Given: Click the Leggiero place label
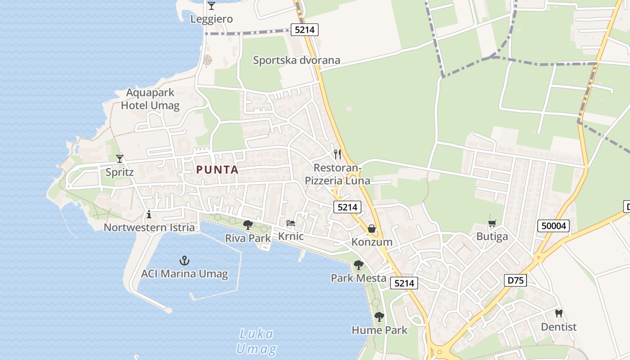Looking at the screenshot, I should [211, 19].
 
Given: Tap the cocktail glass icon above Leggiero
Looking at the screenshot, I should [211, 6].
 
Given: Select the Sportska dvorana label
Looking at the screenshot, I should [296, 60].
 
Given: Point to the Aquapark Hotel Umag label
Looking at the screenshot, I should [150, 99].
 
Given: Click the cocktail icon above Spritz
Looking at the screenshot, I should [120, 158].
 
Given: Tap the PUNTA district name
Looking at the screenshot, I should [217, 170].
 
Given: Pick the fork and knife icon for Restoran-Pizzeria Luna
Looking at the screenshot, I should [337, 154].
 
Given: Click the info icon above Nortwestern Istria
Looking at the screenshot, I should [149, 214].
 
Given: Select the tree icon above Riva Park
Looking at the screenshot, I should [247, 225].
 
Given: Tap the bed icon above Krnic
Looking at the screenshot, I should [291, 223].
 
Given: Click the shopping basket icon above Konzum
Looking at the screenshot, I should [372, 229].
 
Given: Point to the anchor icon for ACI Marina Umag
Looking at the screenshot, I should [184, 260].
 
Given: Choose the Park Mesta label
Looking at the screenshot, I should [359, 278].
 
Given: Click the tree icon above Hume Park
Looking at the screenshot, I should [379, 317].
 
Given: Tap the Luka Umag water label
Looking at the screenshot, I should [256, 341].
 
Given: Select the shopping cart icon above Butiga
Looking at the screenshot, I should [492, 223].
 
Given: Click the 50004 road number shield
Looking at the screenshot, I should [553, 226].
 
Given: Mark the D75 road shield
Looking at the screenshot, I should [515, 280].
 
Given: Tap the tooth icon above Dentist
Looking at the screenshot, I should [559, 314].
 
